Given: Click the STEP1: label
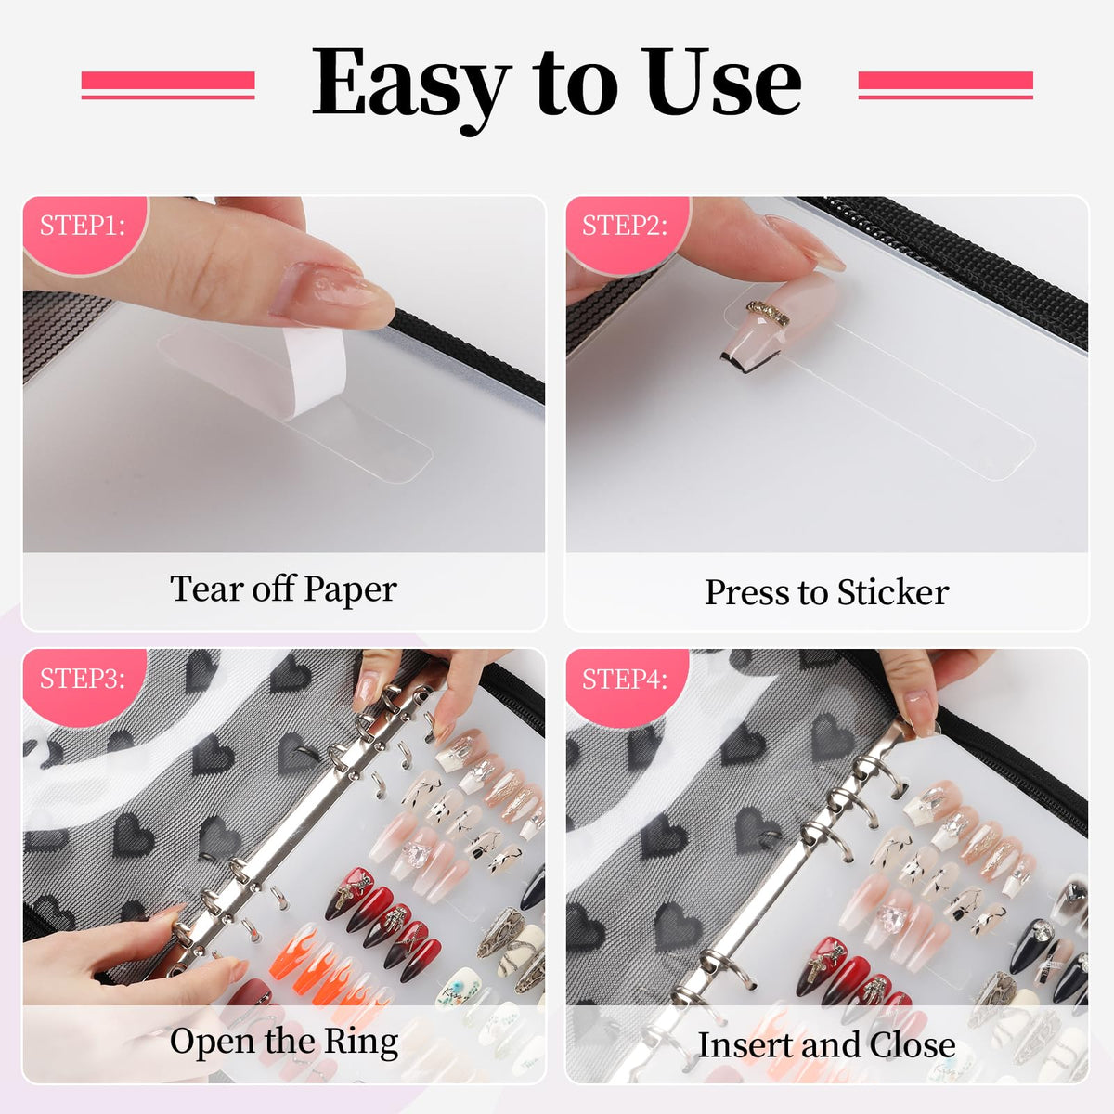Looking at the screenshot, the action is [82, 225].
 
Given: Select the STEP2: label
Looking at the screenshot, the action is [625, 225].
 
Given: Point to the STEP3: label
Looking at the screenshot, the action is [82, 678].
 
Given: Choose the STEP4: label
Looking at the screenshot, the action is [625, 678].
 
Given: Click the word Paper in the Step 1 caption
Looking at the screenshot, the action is [350, 590].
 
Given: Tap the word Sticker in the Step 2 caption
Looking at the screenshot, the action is [893, 592].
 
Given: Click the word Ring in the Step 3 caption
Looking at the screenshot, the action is [361, 1042].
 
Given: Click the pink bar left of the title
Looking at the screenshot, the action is [168, 85].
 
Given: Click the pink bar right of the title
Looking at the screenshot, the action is [945, 85].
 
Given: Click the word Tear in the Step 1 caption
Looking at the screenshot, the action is [206, 589].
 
